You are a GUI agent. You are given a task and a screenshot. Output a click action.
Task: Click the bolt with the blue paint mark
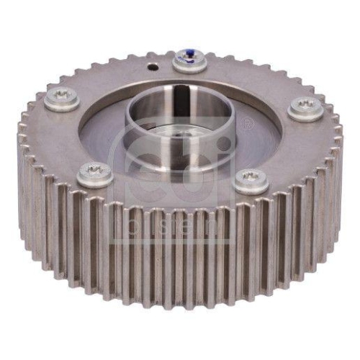pyautogui.click(x=190, y=62)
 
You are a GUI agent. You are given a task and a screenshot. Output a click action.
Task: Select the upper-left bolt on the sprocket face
pyautogui.click(x=63, y=99)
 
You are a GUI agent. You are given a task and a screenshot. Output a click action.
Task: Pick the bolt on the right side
pyautogui.click(x=306, y=108)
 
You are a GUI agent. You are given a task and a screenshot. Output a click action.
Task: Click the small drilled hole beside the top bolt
pyautogui.click(x=152, y=66)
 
